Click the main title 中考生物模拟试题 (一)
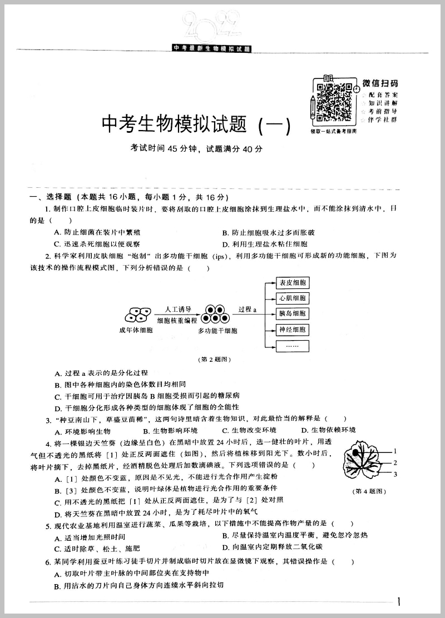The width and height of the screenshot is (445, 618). pyautogui.click(x=196, y=124)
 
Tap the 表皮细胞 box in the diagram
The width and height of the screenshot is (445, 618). pyautogui.click(x=293, y=282)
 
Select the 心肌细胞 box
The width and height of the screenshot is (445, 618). pyautogui.click(x=293, y=298)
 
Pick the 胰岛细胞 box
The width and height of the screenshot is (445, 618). pyautogui.click(x=293, y=313)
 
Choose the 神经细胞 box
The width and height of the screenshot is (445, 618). pyautogui.click(x=293, y=330)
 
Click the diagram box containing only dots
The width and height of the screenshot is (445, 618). pyautogui.click(x=293, y=345)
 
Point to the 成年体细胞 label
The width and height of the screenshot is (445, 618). pyautogui.click(x=136, y=331)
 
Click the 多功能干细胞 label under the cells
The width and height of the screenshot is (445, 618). pyautogui.click(x=217, y=331)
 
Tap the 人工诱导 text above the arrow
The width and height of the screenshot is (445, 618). pyautogui.click(x=178, y=309)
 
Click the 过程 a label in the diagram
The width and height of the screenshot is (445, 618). pyautogui.click(x=247, y=309)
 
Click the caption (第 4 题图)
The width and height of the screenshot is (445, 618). pyautogui.click(x=370, y=491)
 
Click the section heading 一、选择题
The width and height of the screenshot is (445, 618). pyautogui.click(x=50, y=197)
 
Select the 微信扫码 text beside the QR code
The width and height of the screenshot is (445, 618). pyautogui.click(x=380, y=83)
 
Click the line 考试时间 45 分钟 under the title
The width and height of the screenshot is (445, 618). pyautogui.click(x=196, y=148)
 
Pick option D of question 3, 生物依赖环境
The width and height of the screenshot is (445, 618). pyautogui.click(x=328, y=430)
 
